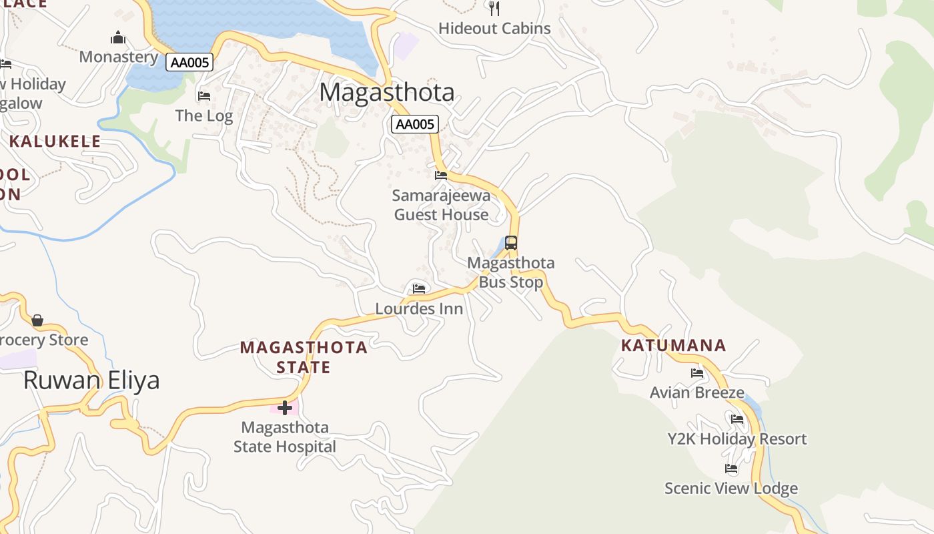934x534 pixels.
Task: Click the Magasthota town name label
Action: click(x=387, y=92)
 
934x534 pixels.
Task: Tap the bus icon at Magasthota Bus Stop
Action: click(x=511, y=243)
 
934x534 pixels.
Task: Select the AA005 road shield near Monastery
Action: click(x=189, y=62)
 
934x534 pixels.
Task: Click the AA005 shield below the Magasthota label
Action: click(x=414, y=123)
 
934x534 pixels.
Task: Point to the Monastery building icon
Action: click(x=118, y=37)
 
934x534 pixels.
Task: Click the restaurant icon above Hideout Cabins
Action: click(x=494, y=9)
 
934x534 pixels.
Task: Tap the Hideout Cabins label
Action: click(x=494, y=29)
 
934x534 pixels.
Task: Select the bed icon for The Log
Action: click(x=204, y=96)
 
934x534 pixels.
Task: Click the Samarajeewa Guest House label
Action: click(x=441, y=205)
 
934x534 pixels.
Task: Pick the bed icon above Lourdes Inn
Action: click(x=419, y=288)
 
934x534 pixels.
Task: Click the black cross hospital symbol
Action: click(x=285, y=407)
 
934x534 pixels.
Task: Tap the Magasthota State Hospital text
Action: click(x=285, y=437)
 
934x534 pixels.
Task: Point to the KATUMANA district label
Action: click(x=673, y=346)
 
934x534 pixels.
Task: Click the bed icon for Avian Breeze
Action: click(x=697, y=373)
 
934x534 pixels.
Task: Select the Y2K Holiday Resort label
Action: click(x=737, y=439)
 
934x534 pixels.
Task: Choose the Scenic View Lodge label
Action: click(x=731, y=489)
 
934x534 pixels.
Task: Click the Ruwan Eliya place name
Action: click(x=91, y=380)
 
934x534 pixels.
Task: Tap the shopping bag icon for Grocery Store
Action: click(x=37, y=320)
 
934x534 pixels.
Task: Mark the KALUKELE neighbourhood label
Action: click(x=55, y=142)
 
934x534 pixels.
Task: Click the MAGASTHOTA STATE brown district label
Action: click(x=304, y=357)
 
